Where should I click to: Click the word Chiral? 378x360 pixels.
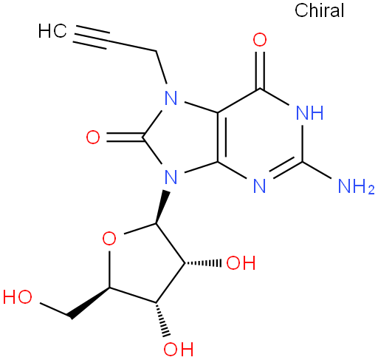(x=319, y=10)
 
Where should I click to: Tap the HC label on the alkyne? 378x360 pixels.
(x=52, y=31)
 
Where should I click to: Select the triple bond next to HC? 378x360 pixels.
(x=92, y=38)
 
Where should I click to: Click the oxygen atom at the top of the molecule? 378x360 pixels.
(x=260, y=40)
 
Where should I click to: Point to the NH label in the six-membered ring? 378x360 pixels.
(x=309, y=112)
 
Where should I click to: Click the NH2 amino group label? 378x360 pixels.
(x=356, y=186)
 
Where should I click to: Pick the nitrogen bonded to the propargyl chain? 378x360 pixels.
(x=171, y=98)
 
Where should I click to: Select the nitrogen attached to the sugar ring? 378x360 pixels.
(x=171, y=177)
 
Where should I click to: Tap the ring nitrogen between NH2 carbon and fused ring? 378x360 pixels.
(x=260, y=186)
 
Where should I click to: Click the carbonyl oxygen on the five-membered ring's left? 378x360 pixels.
(x=93, y=137)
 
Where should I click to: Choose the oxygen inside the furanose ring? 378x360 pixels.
(x=109, y=238)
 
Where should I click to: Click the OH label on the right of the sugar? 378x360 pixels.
(x=241, y=262)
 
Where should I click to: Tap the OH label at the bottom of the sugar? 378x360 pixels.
(x=179, y=349)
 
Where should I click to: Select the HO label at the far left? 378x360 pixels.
(x=18, y=296)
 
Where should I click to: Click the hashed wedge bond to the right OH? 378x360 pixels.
(x=203, y=263)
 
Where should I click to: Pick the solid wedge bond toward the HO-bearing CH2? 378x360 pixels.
(x=89, y=302)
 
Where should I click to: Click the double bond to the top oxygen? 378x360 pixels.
(x=260, y=70)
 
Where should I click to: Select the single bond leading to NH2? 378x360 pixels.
(x=317, y=170)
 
